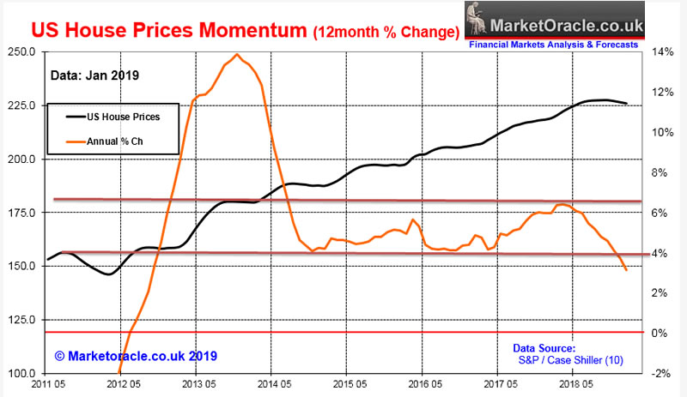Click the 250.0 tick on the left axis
(x=20, y=51)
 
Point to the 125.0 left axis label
(x=20, y=320)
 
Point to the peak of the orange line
(x=236, y=55)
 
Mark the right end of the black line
(x=627, y=104)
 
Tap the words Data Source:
(x=544, y=348)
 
